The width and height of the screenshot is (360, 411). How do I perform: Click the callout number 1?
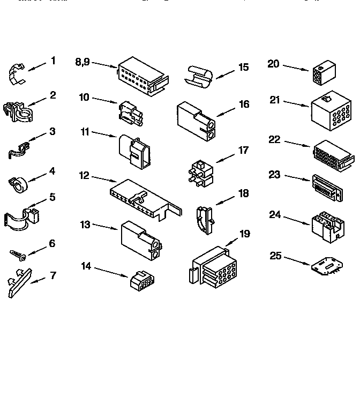53,61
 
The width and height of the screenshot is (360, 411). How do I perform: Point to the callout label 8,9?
83,62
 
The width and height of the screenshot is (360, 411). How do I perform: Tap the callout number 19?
245,234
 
